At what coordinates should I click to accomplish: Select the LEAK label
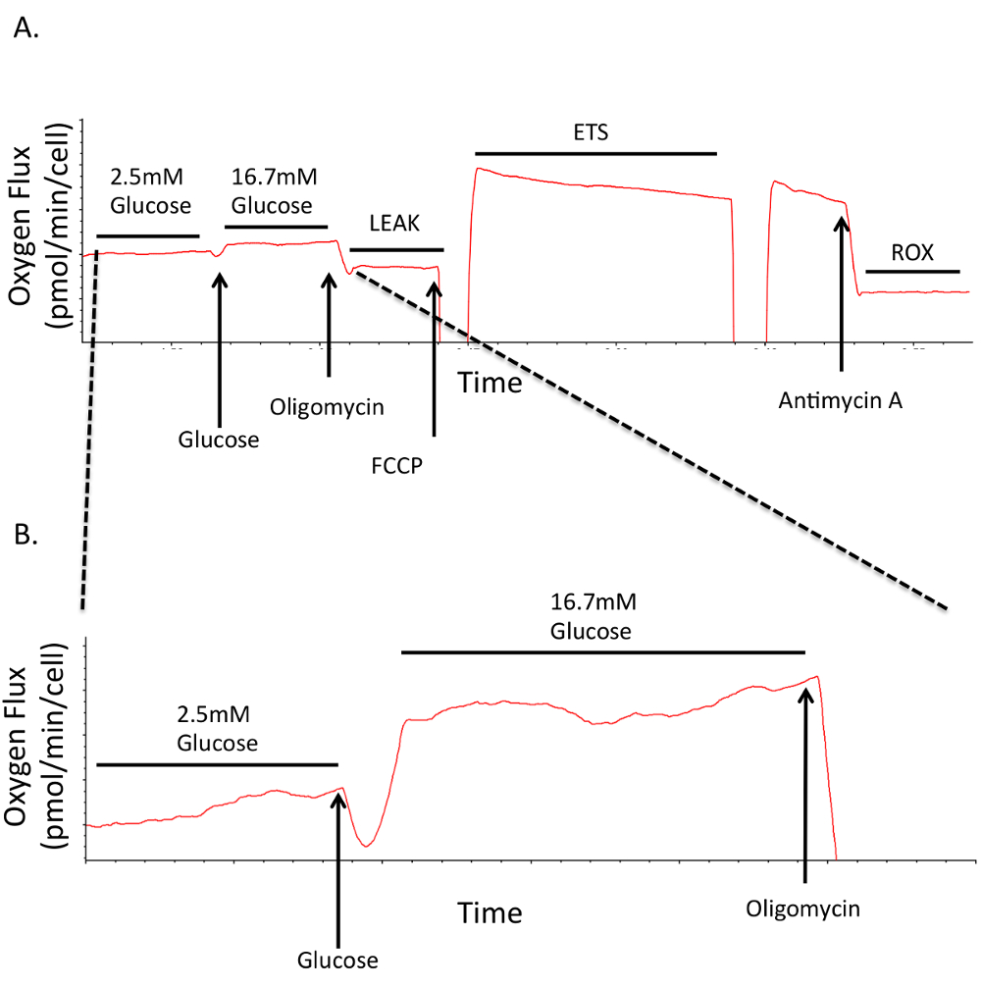394,224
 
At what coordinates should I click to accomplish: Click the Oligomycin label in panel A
328,406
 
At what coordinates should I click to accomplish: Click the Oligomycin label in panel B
803,909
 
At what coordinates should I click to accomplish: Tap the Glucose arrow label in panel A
219,440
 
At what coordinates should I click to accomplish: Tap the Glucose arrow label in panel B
338,959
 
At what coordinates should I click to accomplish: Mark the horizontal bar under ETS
595,153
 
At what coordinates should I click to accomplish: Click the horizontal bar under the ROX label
912,270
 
